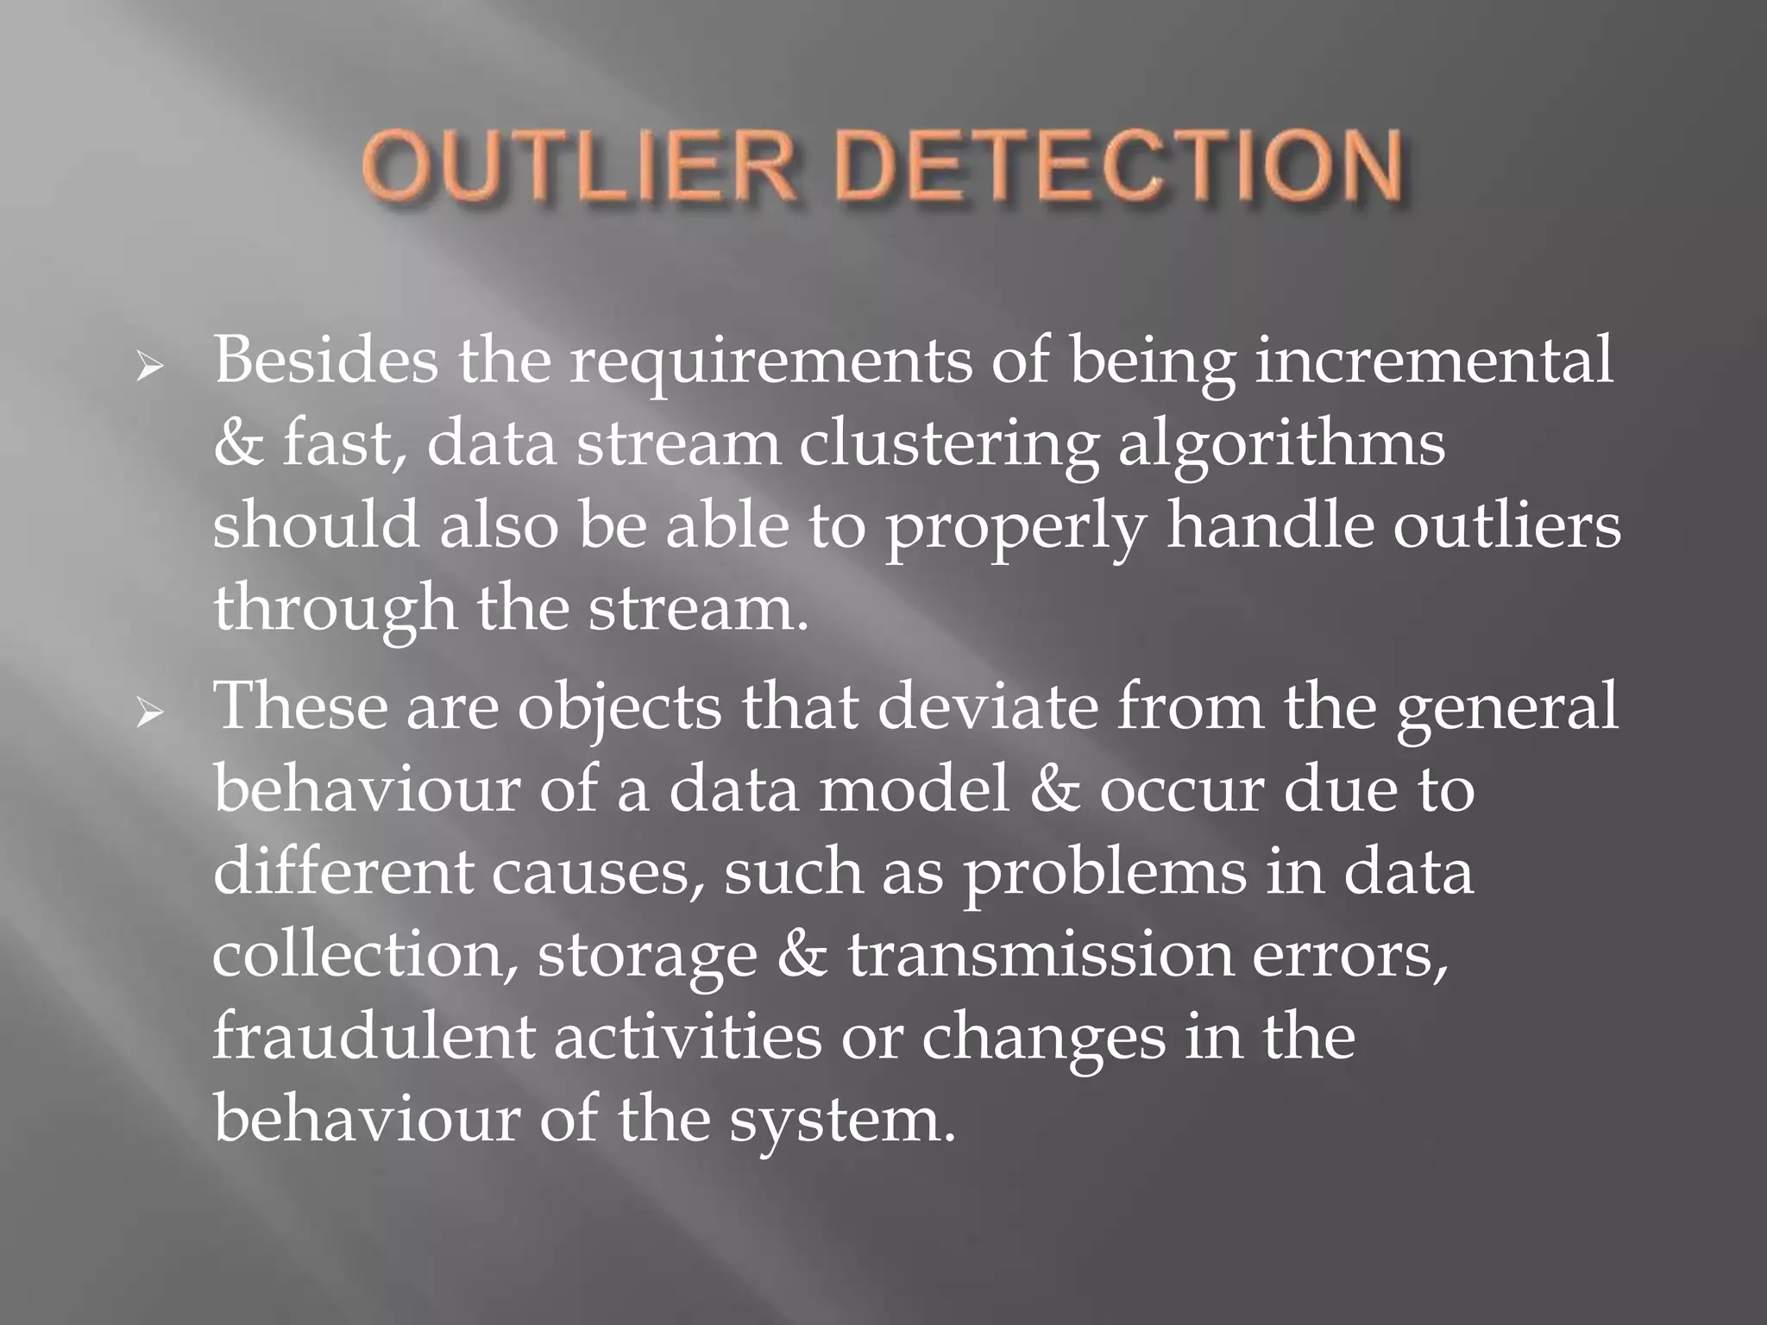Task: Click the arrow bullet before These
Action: (x=149, y=714)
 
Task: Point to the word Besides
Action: (x=325, y=360)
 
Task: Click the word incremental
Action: (x=1432, y=360)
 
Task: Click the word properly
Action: (x=1016, y=529)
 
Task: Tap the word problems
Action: (x=1104, y=874)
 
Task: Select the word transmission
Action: (x=1040, y=956)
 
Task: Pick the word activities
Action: (x=688, y=1037)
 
